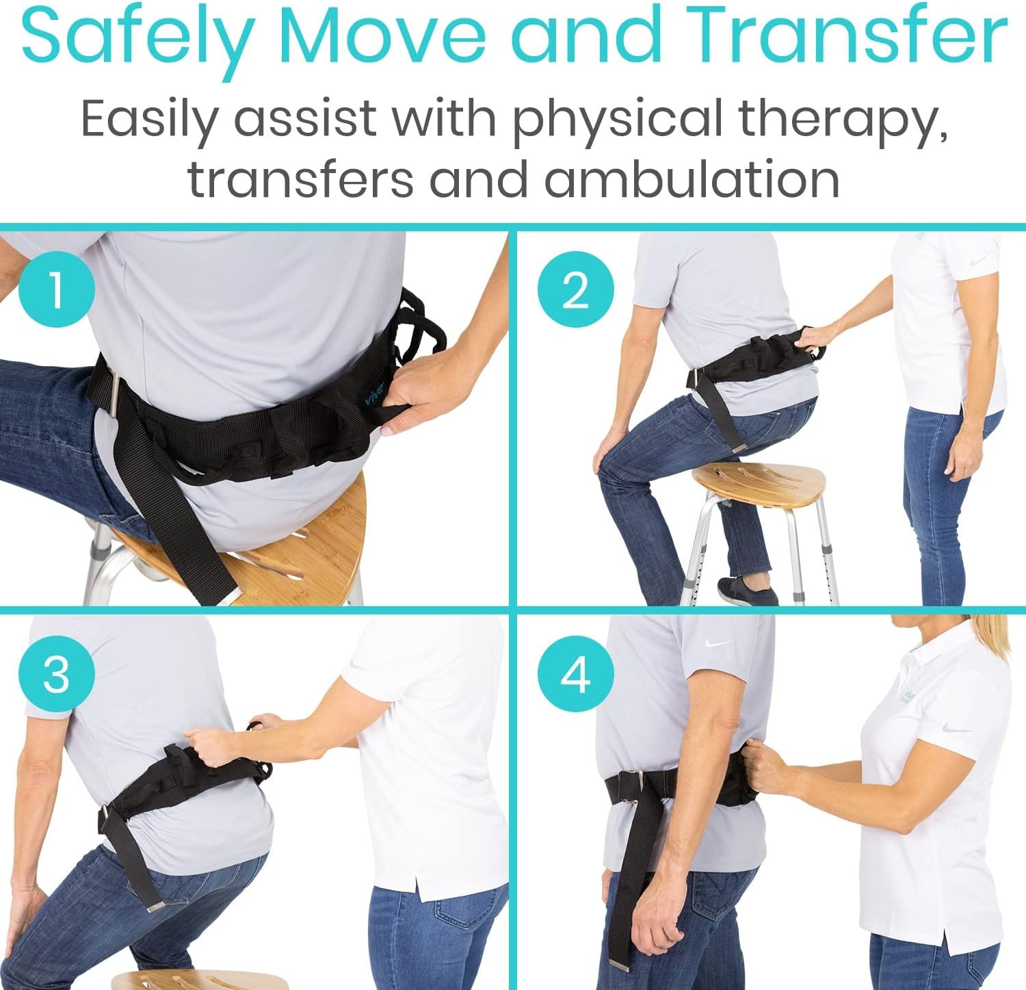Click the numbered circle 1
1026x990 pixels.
click(x=57, y=289)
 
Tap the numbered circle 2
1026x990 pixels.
click(x=575, y=289)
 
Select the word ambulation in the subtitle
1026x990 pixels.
click(x=692, y=179)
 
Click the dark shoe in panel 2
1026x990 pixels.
click(x=746, y=590)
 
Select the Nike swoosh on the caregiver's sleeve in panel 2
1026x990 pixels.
click(x=977, y=261)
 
